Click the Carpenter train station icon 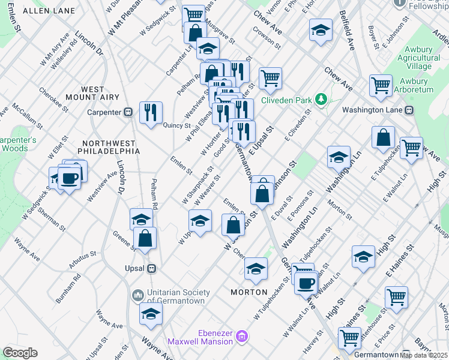pos(128,112)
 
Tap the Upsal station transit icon pos(152,268)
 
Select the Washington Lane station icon pos(409,110)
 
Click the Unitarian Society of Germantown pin pos(137,295)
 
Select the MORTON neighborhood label pos(249,292)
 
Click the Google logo pos(20,353)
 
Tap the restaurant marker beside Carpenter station pos(151,112)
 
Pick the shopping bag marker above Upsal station pos(145,238)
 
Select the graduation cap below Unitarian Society pos(151,314)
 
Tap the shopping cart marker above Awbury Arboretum pos(381,85)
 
